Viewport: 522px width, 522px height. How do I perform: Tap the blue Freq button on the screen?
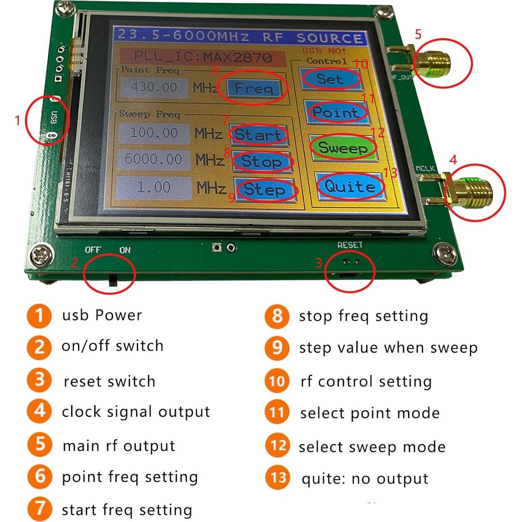coord(253,88)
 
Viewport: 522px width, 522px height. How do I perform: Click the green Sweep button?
coord(343,148)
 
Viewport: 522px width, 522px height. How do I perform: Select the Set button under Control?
coord(330,79)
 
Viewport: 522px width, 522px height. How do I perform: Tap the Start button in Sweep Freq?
coord(258,135)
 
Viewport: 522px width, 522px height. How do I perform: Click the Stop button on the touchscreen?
coord(262,161)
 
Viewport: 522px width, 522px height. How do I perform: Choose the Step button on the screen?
coord(265,190)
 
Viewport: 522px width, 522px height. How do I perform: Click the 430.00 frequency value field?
coord(154,87)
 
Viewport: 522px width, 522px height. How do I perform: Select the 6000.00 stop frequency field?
coord(154,159)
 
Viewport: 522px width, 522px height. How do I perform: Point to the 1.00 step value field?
coord(154,188)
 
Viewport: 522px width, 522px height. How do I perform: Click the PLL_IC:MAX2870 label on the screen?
coord(202,57)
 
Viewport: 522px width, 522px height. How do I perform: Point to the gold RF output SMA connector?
coord(431,64)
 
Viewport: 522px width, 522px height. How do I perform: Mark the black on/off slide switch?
coord(113,280)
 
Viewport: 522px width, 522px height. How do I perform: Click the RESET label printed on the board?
coord(350,245)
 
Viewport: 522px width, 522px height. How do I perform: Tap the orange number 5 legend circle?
coord(39,444)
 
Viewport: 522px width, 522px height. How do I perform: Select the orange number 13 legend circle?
coord(277,478)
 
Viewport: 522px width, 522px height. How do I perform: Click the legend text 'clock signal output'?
coord(136,412)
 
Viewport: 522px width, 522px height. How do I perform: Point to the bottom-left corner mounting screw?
coord(42,255)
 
